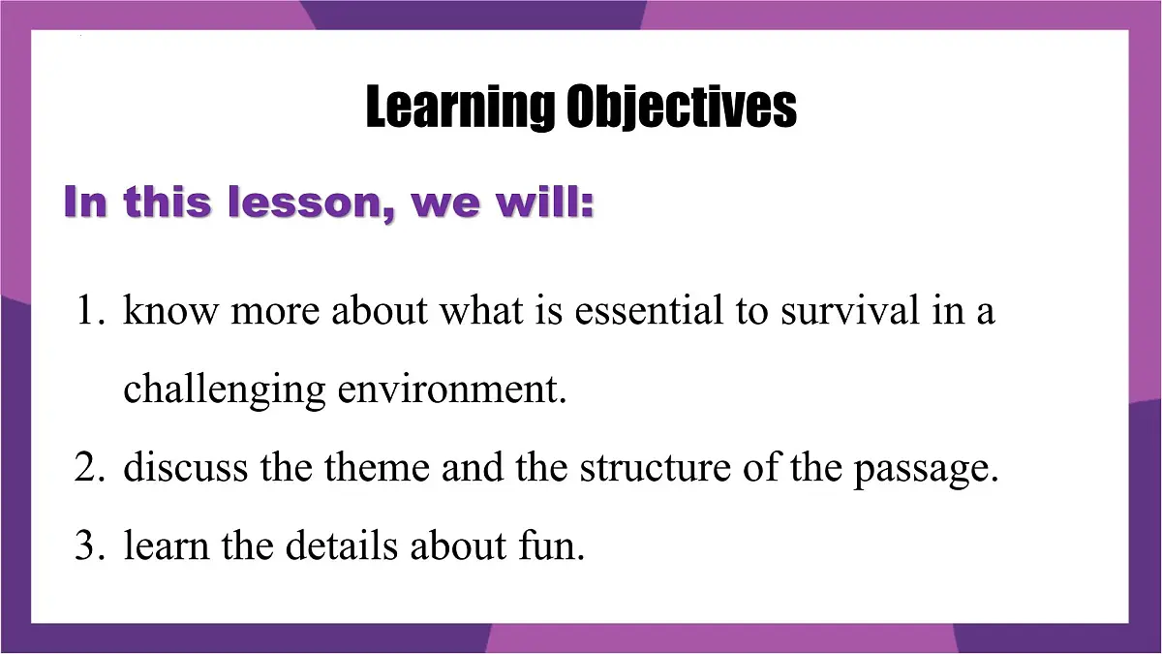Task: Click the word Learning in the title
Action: [459, 107]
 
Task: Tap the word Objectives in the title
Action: [681, 107]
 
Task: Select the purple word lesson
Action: [311, 202]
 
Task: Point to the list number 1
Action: [90, 310]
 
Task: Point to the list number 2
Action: [90, 467]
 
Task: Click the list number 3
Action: [90, 546]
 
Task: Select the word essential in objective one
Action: [649, 310]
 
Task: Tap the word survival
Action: [850, 310]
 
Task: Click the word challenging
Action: [225, 390]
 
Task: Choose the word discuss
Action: [186, 467]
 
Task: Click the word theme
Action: [377, 467]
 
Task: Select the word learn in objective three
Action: [167, 546]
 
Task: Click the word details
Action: [341, 546]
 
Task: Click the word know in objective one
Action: [170, 310]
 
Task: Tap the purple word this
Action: [168, 202]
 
